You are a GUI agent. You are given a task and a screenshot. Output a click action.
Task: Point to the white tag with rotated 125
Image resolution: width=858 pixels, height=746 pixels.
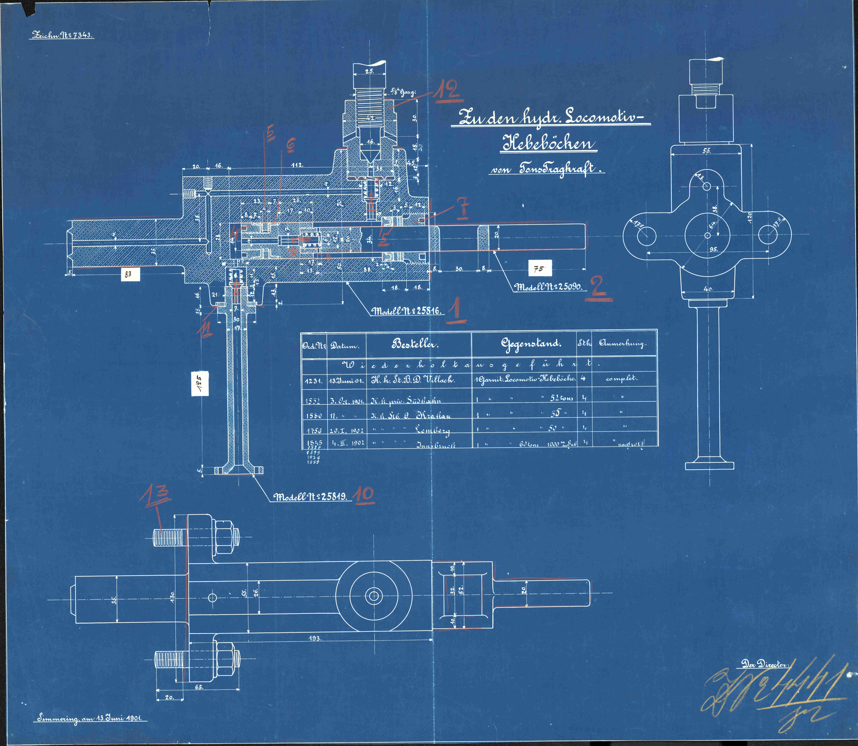[200, 383]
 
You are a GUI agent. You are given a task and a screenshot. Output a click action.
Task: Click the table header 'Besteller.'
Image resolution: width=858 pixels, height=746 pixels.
[415, 344]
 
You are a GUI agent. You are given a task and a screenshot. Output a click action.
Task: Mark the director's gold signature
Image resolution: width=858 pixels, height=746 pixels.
[774, 693]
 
